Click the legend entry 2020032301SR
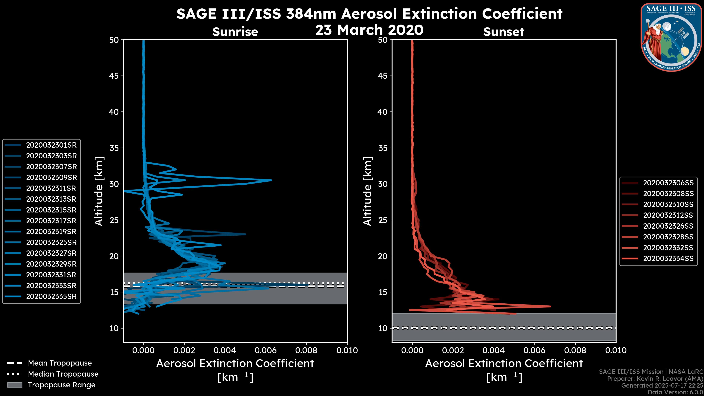[51, 145]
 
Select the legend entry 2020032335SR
[51, 296]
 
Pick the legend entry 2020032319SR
[51, 232]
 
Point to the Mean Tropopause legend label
[60, 363]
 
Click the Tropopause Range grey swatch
[15, 385]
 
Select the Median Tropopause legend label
[63, 374]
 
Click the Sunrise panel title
[235, 32]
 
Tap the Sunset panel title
[504, 32]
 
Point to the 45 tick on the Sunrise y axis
[114, 76]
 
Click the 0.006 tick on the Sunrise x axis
[266, 350]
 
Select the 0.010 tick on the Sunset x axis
[616, 350]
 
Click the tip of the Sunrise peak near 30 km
[271, 180]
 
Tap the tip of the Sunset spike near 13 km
[550, 306]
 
